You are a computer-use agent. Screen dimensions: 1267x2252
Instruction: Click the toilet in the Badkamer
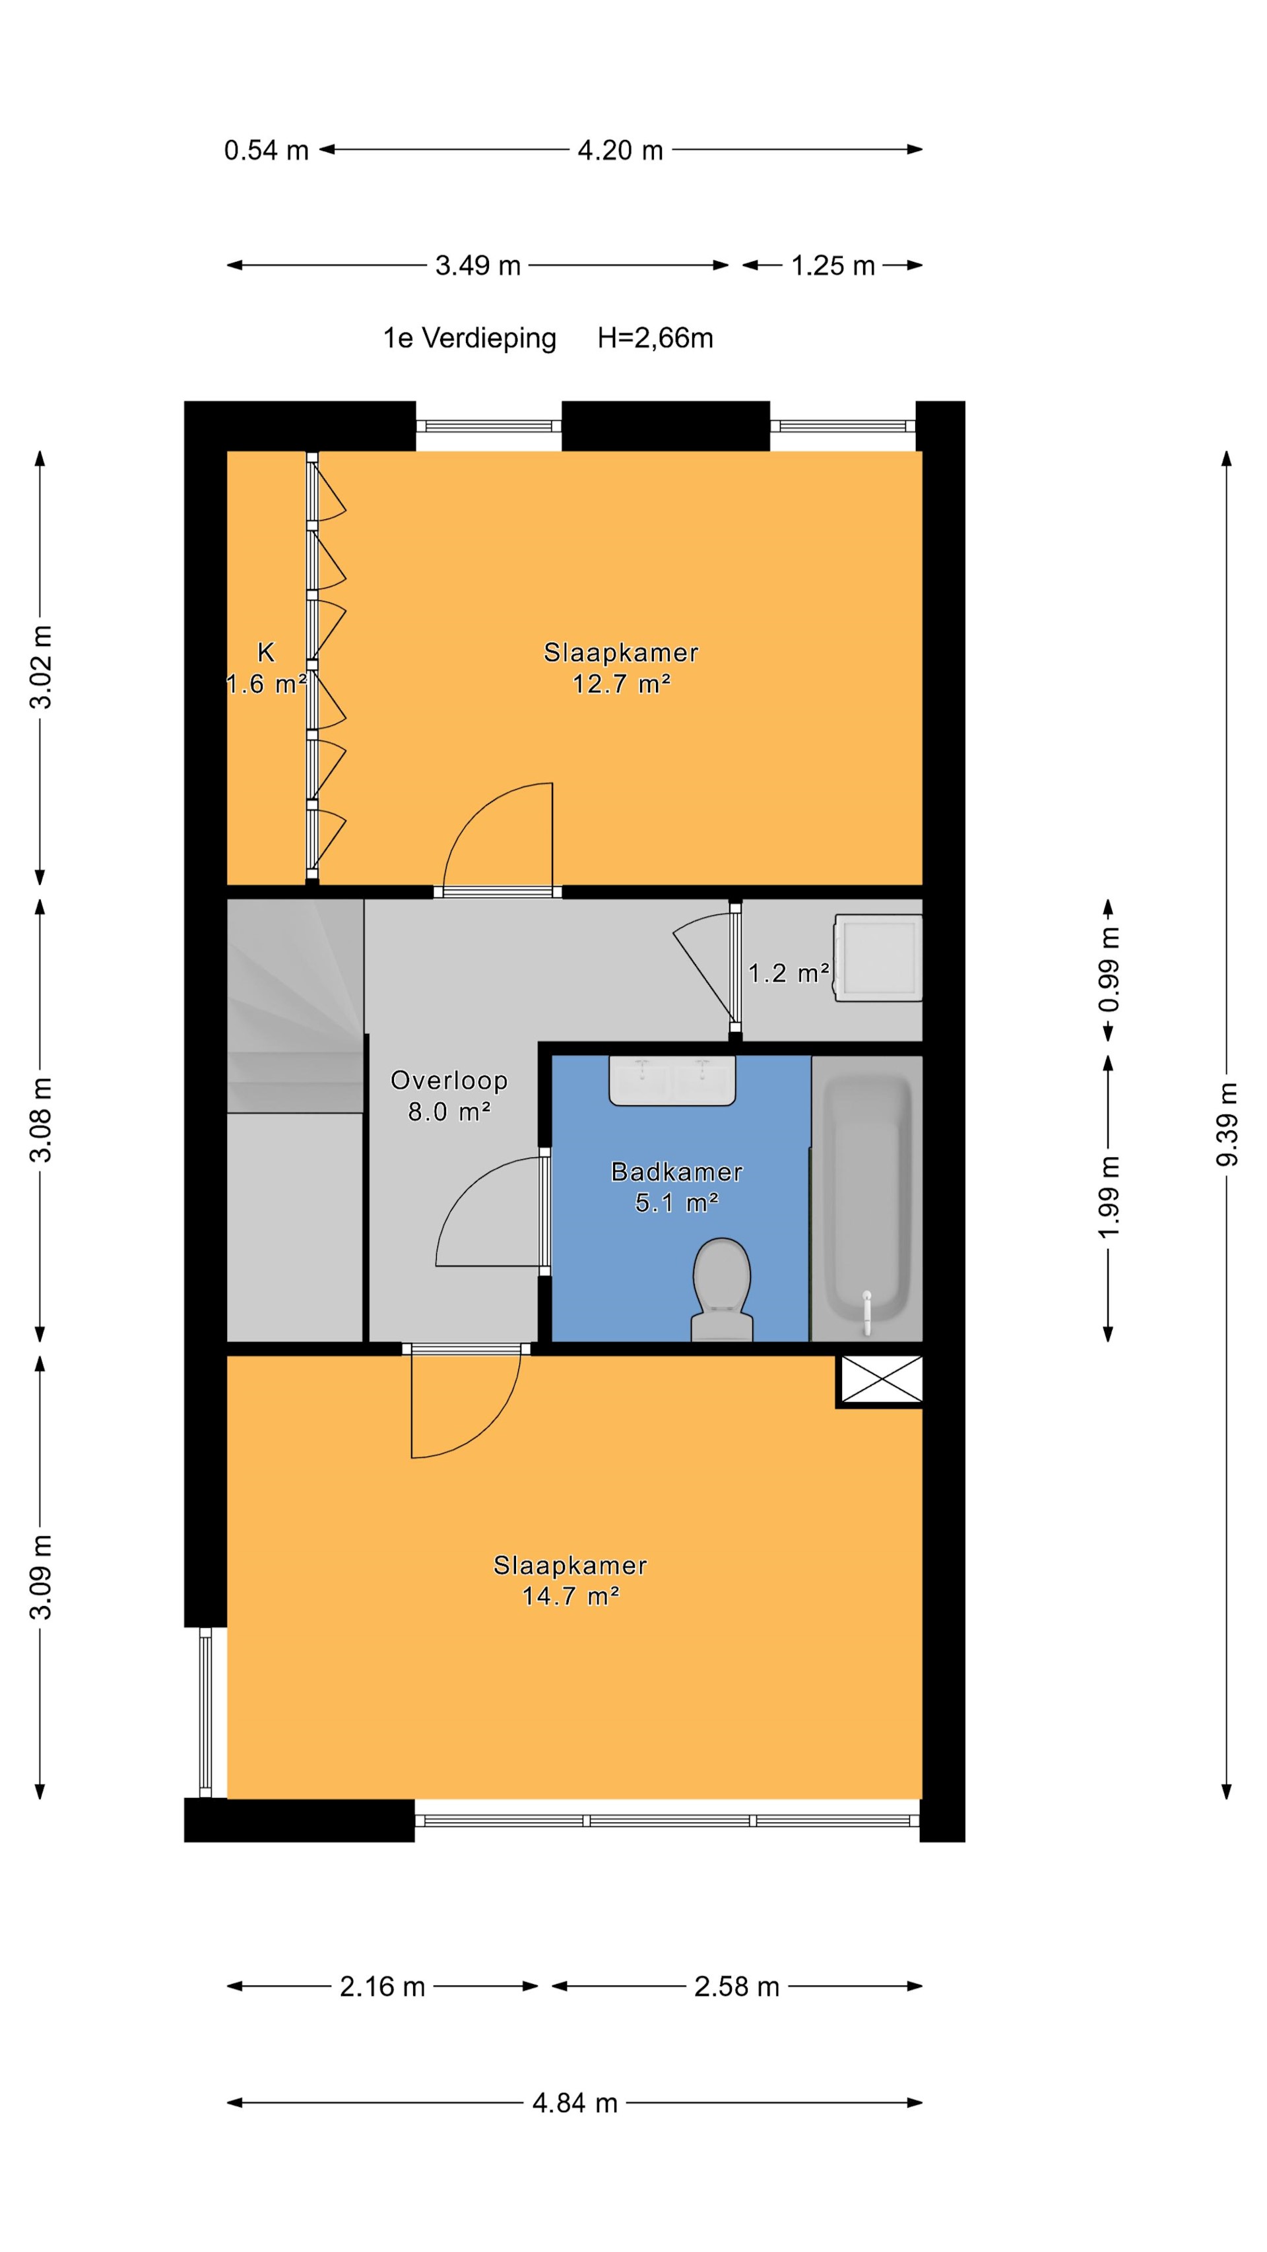coord(722,1289)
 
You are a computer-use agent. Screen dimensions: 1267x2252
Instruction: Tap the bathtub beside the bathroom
coord(866,1198)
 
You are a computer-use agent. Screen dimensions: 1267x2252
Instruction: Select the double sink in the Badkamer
coord(672,1081)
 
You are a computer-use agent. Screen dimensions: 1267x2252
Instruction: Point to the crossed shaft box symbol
coord(880,1380)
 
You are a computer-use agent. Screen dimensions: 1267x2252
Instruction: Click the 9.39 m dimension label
coord(1227,1124)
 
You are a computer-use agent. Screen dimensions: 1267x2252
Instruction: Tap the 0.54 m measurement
coord(267,150)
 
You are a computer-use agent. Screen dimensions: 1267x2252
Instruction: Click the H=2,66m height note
coord(655,338)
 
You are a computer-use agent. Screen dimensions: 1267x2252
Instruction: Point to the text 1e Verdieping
coord(470,338)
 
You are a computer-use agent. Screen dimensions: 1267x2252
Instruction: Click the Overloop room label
coord(449,1081)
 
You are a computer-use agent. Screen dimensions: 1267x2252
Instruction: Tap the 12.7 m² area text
coord(622,684)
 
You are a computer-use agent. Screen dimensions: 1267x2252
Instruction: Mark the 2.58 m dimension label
coord(736,1987)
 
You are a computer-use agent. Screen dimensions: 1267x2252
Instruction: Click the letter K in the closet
coord(266,652)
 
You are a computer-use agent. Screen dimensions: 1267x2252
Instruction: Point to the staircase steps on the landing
coord(295,1006)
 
